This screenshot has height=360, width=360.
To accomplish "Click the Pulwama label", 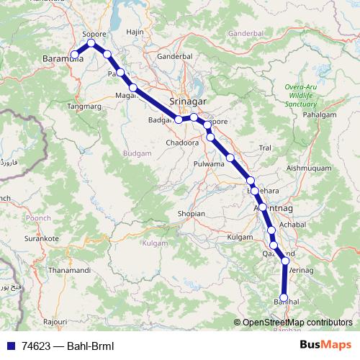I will [210, 164].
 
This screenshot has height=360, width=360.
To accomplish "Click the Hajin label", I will [135, 32].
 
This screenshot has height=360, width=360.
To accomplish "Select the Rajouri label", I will [55, 320].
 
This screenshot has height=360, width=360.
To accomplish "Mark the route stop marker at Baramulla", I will [75, 54].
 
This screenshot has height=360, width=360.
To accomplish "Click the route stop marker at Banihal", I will [284, 297].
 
